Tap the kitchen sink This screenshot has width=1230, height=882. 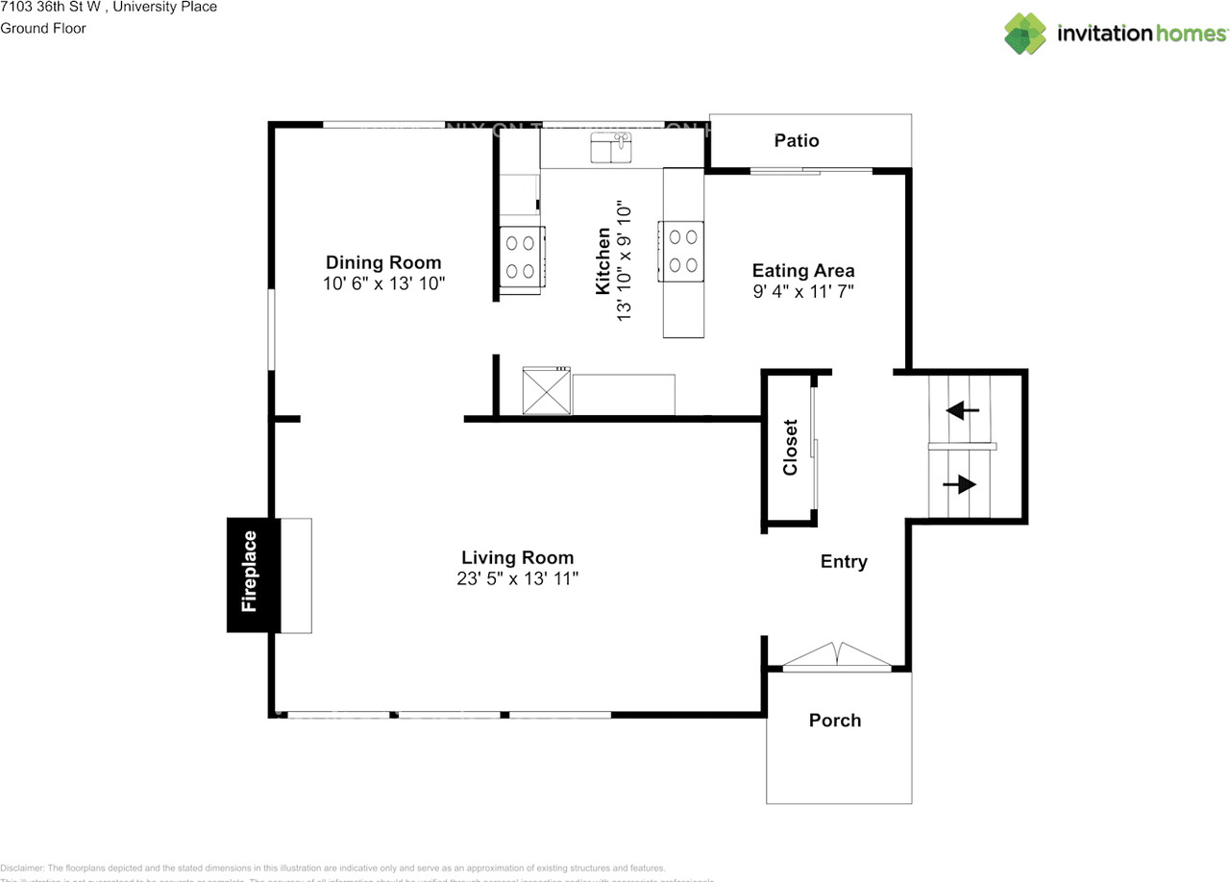pos(610,149)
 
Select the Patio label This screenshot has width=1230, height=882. pos(797,141)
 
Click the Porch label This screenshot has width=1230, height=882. pos(835,721)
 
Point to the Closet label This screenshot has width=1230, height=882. pos(791,448)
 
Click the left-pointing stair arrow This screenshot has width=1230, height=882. pos(963,410)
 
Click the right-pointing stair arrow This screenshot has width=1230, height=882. pos(959,485)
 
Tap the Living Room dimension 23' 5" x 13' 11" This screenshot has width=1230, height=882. pos(518,579)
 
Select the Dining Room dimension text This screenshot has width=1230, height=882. pos(384,283)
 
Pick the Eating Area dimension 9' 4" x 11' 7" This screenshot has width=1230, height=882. pos(803,291)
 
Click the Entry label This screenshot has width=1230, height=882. pos(844,562)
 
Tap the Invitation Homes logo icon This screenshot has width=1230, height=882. pos(1025,34)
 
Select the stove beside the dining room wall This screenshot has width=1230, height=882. pos(522,257)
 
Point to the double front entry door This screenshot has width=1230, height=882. pos(839,655)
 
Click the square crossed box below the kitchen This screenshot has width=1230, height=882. pos(546,391)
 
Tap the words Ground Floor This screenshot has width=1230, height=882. pos(43,28)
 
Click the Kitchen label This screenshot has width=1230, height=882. pos(603,261)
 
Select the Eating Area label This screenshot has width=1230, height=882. pos(803,271)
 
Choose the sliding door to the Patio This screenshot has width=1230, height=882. pos(798,172)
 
